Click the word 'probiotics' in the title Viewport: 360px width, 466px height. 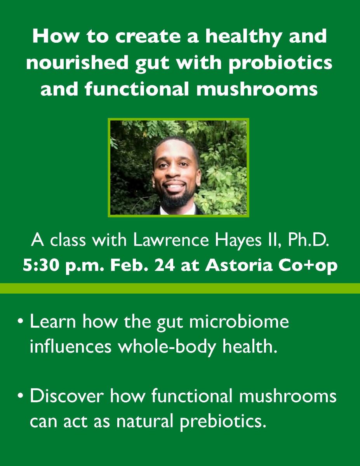(x=280, y=63)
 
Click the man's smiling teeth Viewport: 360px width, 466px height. (x=176, y=186)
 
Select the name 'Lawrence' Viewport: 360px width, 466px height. (x=171, y=240)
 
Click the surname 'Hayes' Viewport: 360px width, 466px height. (x=238, y=241)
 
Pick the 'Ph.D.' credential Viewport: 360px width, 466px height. (x=308, y=240)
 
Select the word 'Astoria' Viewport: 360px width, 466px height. (x=239, y=266)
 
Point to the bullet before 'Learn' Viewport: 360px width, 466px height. (x=21, y=322)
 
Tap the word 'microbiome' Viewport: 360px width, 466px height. (x=239, y=321)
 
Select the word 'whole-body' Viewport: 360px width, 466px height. (x=167, y=347)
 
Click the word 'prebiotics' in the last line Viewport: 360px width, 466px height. (x=221, y=422)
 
